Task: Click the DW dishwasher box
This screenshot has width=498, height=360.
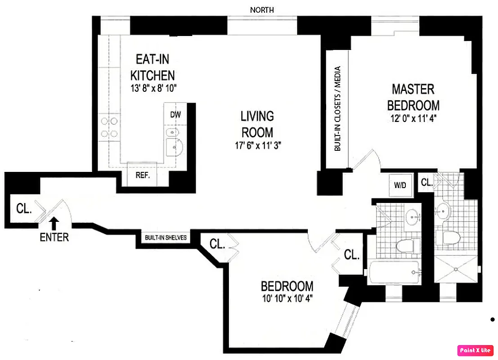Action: [175, 115]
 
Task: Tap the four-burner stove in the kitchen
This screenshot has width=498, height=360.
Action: [108, 127]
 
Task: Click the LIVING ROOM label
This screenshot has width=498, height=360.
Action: [257, 124]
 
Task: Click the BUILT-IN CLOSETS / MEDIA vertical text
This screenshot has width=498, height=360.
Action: [337, 109]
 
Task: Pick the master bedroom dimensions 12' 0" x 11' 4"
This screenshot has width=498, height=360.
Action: [413, 119]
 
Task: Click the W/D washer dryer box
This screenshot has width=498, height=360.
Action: [400, 184]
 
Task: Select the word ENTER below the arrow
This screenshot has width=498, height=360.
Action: [54, 237]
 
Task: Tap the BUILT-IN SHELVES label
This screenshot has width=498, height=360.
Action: [166, 238]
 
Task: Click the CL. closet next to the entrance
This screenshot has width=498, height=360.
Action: [23, 208]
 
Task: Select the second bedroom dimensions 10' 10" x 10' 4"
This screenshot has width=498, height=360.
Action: [287, 298]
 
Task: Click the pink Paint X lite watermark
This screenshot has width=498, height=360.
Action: [475, 350]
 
